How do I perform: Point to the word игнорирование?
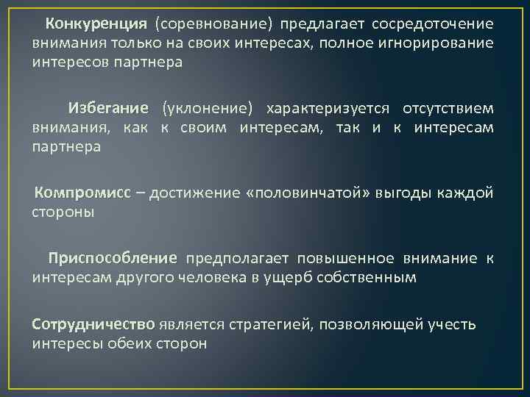[439, 42]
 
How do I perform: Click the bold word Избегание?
[108, 109]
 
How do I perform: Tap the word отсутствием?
[448, 109]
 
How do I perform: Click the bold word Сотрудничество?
[93, 324]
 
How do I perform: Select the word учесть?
[450, 324]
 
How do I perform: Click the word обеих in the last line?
[130, 343]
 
